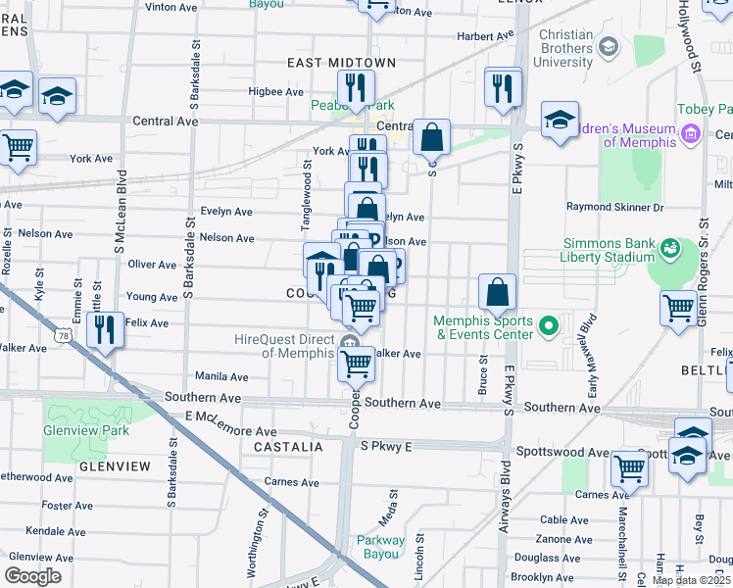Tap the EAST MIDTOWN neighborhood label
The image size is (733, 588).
pyautogui.click(x=341, y=63)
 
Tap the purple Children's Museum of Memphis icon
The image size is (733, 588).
pyautogui.click(x=690, y=133)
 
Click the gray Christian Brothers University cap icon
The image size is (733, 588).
pyautogui.click(x=609, y=45)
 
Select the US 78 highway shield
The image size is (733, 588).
pyautogui.click(x=66, y=335)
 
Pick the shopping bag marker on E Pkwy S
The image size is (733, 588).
pyautogui.click(x=498, y=291)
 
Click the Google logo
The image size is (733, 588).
pyautogui.click(x=33, y=576)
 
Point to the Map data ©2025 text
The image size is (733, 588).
pyautogui.click(x=690, y=580)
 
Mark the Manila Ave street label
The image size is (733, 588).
pyautogui.click(x=221, y=376)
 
